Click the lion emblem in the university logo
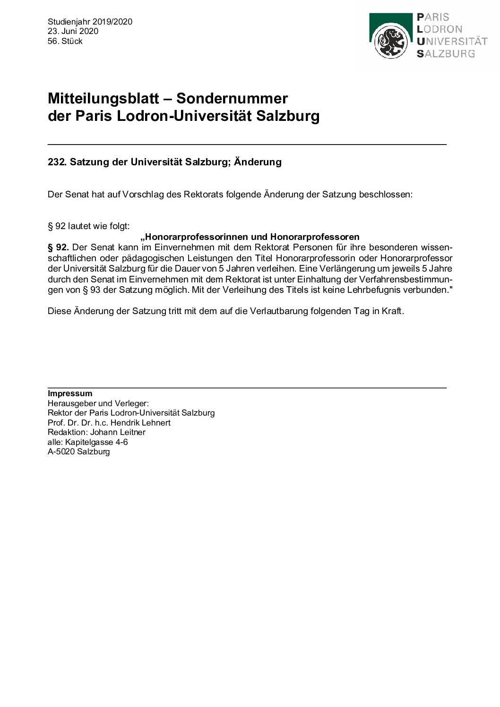click(x=391, y=42)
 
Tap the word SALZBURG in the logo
click(x=446, y=54)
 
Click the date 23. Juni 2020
click(x=73, y=31)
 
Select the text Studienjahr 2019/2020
click(x=90, y=22)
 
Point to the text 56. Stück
click(x=65, y=41)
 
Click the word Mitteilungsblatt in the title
click(x=103, y=99)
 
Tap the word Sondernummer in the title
click(x=232, y=99)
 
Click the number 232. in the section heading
click(x=57, y=162)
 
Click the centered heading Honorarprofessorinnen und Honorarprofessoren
click(x=250, y=237)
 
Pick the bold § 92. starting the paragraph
click(x=58, y=247)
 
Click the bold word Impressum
click(x=70, y=393)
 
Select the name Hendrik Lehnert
click(x=140, y=423)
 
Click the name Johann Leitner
click(x=118, y=432)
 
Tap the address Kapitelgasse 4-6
click(x=96, y=442)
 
